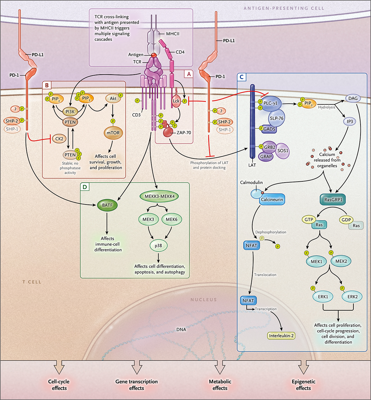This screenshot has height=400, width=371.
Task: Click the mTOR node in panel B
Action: (113, 133)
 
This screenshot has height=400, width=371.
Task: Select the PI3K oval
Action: (70, 112)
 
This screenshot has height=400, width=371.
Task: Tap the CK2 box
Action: (59, 139)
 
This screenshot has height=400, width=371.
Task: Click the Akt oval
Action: (113, 98)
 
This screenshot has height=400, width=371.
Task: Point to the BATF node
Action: (107, 205)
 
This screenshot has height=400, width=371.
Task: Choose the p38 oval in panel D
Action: (158, 245)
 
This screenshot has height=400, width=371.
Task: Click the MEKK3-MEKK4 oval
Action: (160, 196)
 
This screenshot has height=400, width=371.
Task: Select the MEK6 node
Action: (172, 219)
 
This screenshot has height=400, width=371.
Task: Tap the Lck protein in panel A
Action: (176, 101)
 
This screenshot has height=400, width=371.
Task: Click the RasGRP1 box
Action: (333, 200)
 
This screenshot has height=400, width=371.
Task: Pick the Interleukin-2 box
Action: (281, 336)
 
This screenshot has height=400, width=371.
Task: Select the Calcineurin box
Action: (272, 200)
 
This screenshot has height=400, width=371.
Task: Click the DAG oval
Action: (353, 98)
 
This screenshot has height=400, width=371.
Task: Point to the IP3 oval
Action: (350, 122)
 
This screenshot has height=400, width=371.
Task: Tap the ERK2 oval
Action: (352, 297)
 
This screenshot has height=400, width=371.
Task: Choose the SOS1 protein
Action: (283, 151)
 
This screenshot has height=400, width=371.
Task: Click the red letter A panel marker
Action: (189, 74)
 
